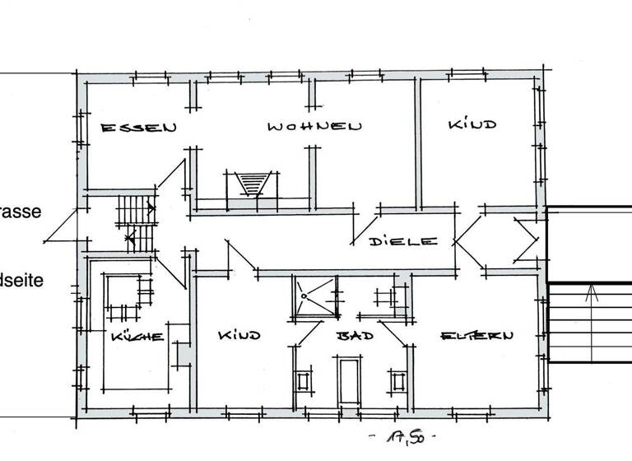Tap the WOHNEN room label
click(314, 127)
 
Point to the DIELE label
click(402, 241)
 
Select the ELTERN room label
click(477, 336)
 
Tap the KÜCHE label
click(137, 336)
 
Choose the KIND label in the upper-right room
click(472, 125)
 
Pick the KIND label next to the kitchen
click(239, 336)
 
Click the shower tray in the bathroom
click(315, 297)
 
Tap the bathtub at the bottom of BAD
click(349, 380)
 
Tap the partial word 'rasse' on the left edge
click(20, 211)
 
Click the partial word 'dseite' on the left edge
click(21, 280)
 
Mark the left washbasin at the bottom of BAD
click(304, 381)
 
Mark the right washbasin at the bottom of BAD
click(397, 381)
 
